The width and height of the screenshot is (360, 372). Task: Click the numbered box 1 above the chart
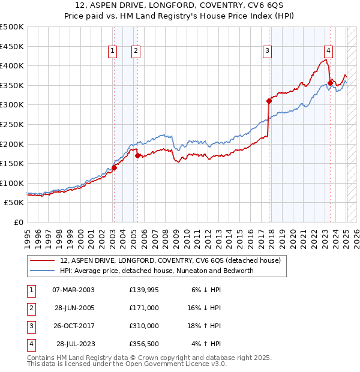[x=113, y=52]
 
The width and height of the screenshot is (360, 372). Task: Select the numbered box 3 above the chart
[x=266, y=52]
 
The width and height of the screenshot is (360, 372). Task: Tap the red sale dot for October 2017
[x=269, y=101]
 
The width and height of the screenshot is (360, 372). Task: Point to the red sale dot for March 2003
[x=114, y=168]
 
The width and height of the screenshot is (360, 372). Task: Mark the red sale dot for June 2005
[x=138, y=155]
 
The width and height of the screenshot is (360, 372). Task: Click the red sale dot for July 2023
[x=330, y=83]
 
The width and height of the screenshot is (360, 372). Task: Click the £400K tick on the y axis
[x=12, y=65]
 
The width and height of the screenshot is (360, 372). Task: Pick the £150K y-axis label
[x=12, y=163]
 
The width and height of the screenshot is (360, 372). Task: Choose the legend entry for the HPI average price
[x=157, y=271]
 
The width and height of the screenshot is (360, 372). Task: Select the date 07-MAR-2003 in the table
[x=73, y=290]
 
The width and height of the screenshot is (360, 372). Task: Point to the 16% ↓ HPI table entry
[x=205, y=308]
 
